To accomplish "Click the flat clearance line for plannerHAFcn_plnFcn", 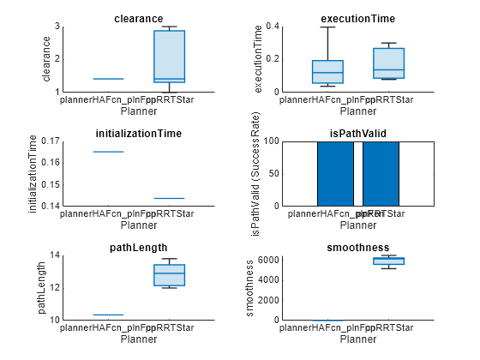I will pyautogui.click(x=108, y=79).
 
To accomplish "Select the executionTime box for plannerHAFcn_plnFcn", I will pyautogui.click(x=327, y=72).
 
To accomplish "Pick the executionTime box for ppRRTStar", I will pyautogui.click(x=388, y=63).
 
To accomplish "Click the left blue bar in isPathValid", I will pyautogui.click(x=335, y=174).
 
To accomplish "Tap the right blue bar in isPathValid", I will pyautogui.click(x=381, y=174).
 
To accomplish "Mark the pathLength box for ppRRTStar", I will pyautogui.click(x=169, y=275).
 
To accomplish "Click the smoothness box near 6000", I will pyautogui.click(x=388, y=261).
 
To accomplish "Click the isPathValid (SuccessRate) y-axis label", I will pyautogui.click(x=255, y=174).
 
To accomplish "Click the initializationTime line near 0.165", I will pyautogui.click(x=108, y=152).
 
